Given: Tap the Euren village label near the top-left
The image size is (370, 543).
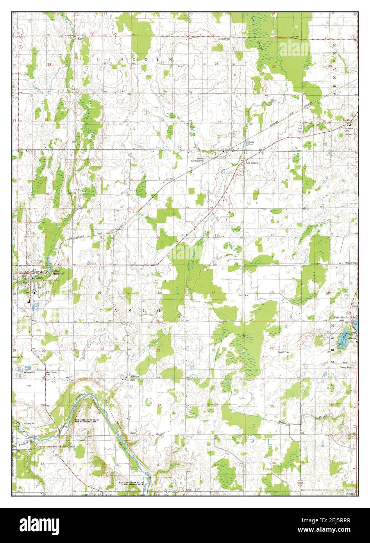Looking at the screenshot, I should point(81,39).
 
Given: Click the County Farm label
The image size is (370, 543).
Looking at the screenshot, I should point(346,368).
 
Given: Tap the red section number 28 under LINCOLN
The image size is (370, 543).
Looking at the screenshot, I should point(105,63).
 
